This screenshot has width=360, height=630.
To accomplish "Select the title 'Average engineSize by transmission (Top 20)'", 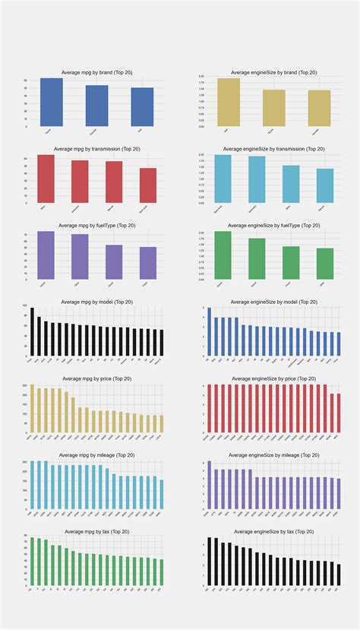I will [264, 149].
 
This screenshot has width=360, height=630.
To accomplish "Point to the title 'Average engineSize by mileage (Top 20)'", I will [264, 455].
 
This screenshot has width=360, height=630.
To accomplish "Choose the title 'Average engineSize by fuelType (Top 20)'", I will [264, 225].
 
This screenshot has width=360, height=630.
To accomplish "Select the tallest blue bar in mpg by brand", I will [52, 102].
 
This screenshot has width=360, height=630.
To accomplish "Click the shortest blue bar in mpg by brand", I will [142, 106].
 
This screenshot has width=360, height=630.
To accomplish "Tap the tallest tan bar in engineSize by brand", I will [229, 102].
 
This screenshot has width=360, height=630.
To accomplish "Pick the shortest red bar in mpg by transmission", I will [148, 185].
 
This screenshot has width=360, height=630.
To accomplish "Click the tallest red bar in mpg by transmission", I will [46, 179].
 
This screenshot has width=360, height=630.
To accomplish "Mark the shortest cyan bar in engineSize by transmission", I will [325, 185].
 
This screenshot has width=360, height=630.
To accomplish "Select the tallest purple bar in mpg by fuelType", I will [46, 255].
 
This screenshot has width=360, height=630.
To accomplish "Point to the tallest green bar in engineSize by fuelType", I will [223, 255].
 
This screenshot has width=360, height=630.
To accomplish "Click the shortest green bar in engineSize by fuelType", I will [325, 264].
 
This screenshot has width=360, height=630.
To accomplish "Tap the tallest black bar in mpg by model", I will [32, 332].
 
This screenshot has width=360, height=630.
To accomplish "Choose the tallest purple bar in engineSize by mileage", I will [209, 485].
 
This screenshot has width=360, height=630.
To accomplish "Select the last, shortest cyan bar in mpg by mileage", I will [161, 494].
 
